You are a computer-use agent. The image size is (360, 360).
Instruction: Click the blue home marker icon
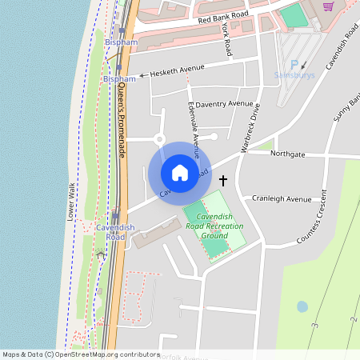180,174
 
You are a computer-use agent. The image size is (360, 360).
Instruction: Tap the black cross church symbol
222,181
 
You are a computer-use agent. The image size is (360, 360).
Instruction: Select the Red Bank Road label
223,16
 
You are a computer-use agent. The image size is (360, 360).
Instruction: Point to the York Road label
228,39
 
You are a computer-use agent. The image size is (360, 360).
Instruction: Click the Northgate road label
288,153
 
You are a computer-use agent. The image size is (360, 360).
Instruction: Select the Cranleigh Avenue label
282,198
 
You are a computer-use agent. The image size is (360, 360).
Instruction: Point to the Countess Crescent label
313,218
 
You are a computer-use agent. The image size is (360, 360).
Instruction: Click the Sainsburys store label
294,75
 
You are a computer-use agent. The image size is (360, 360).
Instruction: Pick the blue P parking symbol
294,65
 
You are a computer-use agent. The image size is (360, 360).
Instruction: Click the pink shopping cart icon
328,6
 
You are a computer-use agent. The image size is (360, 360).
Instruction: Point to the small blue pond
302,306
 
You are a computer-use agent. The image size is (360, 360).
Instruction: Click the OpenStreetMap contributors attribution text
80,354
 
